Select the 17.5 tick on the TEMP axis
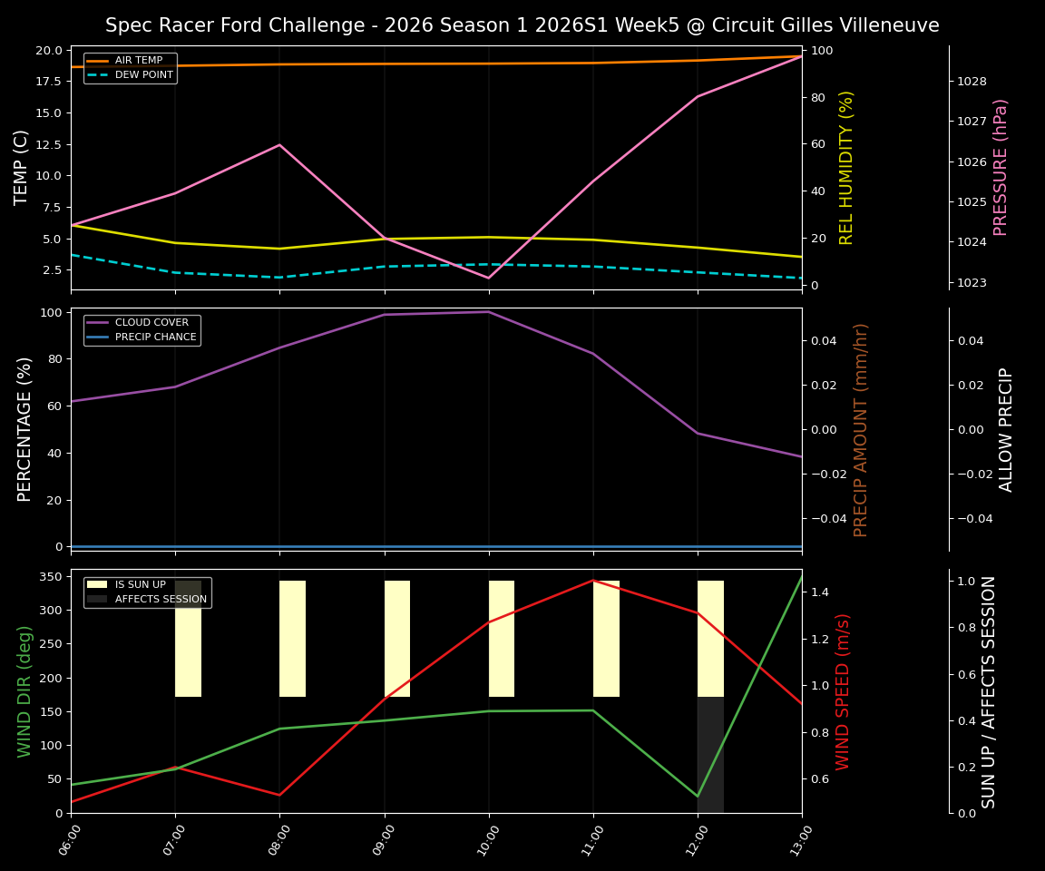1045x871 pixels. point(48,81)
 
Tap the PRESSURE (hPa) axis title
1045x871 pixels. point(1001,167)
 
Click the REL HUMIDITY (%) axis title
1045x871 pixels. point(846,167)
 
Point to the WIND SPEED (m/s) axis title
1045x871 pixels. point(844,691)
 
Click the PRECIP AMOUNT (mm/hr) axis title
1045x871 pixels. point(861,429)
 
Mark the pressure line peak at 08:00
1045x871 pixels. point(279,145)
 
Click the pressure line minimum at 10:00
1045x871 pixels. point(489,278)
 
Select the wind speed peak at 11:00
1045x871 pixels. point(593,581)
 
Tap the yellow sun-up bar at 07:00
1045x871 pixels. point(188,639)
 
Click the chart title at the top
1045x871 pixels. point(522,25)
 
